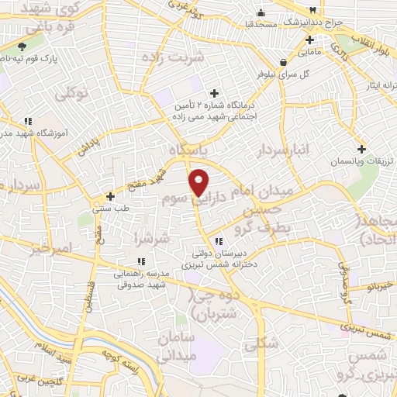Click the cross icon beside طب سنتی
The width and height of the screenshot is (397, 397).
[x=111, y=196]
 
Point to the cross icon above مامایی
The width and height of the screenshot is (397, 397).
[x=309, y=40]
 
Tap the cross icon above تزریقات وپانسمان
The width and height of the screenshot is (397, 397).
[x=361, y=149]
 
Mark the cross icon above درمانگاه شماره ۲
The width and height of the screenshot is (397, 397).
[x=215, y=92]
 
